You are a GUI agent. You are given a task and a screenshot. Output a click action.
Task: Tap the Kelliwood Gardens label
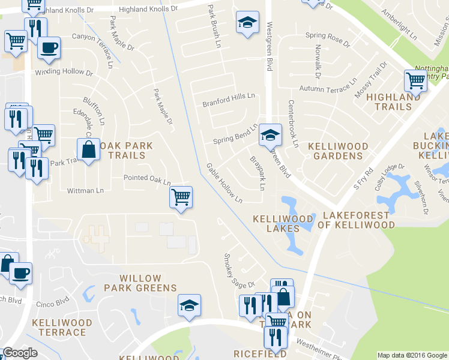click(336, 151)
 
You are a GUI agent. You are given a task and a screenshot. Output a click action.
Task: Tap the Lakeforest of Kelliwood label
click(359, 220)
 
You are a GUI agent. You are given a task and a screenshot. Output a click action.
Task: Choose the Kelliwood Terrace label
click(62, 328)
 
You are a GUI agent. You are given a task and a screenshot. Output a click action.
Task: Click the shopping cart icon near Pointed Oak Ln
click(181, 197)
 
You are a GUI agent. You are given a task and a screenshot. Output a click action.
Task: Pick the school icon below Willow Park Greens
click(189, 306)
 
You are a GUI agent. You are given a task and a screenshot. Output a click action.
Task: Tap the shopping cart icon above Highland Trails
click(415, 80)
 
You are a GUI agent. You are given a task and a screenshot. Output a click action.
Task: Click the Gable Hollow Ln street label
click(224, 182)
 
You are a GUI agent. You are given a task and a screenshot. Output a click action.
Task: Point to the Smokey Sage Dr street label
click(240, 271)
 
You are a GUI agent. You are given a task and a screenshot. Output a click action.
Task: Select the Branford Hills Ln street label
click(228, 98)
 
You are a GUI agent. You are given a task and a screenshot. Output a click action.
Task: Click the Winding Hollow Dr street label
click(64, 73)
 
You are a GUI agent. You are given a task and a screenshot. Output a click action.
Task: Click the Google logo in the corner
click(20, 353)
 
